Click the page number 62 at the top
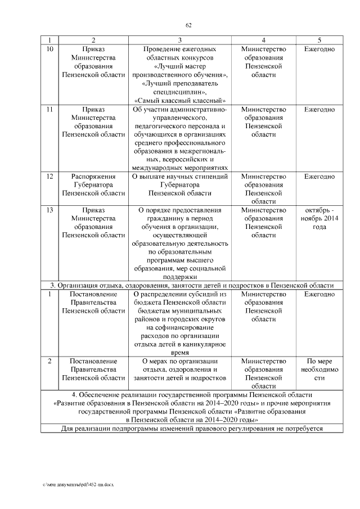click(x=190, y=25)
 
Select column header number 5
click(x=319, y=40)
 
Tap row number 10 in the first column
click(x=49, y=49)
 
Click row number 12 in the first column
click(x=49, y=177)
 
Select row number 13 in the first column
click(x=49, y=210)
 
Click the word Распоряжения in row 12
click(x=93, y=177)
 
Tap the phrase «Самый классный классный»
click(x=179, y=100)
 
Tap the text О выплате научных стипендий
click(x=179, y=177)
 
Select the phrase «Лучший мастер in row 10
click(x=179, y=66)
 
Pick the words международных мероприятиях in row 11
click(x=179, y=168)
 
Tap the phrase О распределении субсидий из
click(x=179, y=294)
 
